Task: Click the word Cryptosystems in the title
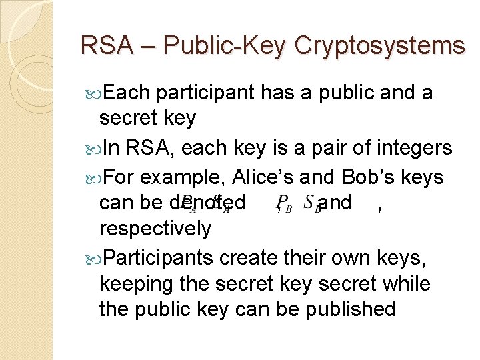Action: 379,45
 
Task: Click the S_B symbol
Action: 311,203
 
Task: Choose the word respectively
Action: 155,229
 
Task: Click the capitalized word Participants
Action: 159,258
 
